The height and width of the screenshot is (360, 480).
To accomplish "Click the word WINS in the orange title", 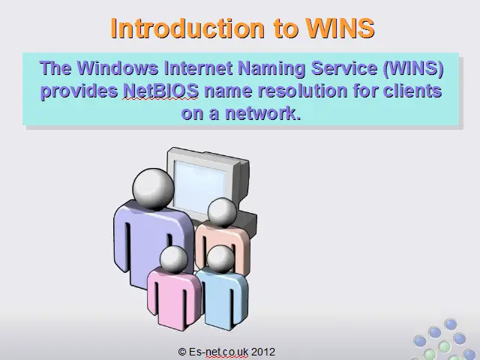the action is [340, 28].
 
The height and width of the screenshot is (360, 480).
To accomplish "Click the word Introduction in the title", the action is [187, 28].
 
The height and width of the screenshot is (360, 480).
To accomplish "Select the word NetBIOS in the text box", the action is [160, 91].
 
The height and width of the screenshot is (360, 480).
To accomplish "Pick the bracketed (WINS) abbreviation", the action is [413, 68].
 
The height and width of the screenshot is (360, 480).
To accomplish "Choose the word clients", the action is [412, 91].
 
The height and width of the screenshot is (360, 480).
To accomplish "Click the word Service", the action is [344, 67].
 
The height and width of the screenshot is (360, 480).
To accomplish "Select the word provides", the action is [79, 91].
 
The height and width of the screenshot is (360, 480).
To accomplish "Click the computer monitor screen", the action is [199, 187].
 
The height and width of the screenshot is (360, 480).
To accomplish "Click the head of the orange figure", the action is [222, 212].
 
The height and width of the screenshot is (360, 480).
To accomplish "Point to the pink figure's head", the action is [173, 259].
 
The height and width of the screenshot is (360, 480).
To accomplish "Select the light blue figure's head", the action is [220, 259].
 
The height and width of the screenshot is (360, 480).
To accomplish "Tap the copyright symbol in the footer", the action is [182, 352].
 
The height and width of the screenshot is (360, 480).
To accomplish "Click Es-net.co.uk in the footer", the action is [218, 352].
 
